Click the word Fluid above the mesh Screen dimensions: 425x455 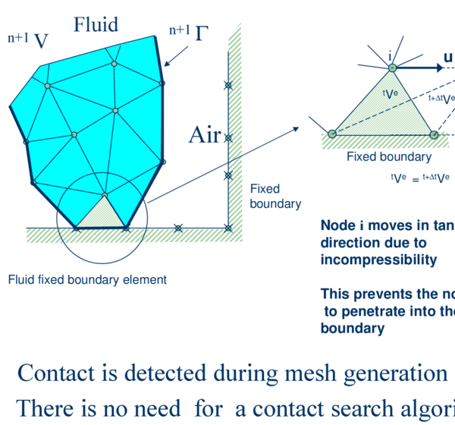(96, 24)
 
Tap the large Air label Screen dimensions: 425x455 (204, 136)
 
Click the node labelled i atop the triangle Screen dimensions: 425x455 (392, 68)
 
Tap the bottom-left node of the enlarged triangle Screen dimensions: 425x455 (332, 134)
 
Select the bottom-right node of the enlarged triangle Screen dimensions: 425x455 (434, 134)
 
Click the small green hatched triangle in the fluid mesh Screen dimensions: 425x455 (100, 213)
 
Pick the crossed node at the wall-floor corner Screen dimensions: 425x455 (228, 228)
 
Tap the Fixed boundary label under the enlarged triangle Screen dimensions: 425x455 (388, 157)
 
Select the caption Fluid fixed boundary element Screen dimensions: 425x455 (86, 279)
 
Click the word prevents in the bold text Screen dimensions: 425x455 (377, 294)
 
